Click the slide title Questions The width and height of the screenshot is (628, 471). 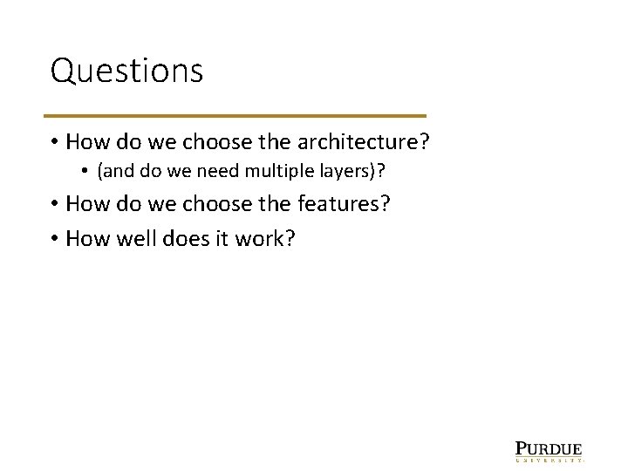(x=126, y=72)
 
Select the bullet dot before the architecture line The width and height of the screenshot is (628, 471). (x=54, y=142)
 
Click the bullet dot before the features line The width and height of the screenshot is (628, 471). (x=54, y=205)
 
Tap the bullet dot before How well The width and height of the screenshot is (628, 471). (x=54, y=237)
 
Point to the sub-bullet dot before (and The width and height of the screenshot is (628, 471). (x=88, y=172)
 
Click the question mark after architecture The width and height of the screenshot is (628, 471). (x=425, y=141)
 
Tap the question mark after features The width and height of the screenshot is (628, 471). (x=384, y=204)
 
